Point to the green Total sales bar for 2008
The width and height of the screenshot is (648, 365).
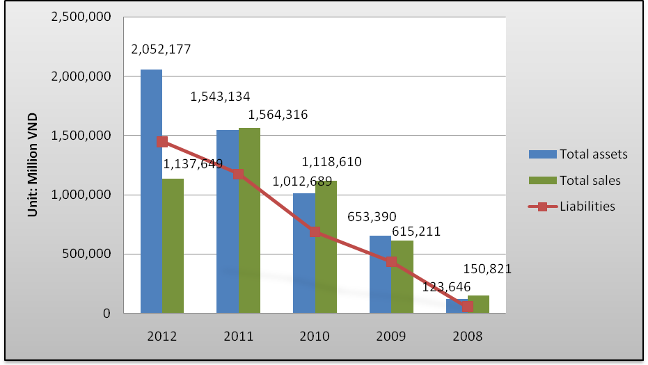478,305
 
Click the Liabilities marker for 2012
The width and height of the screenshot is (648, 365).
162,142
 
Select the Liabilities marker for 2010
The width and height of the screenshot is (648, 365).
315,232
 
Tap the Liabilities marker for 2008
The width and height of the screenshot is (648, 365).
467,307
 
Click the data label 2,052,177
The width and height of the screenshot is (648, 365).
161,49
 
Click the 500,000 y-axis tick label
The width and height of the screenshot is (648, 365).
88,254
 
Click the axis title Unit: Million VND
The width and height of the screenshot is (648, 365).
32,164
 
